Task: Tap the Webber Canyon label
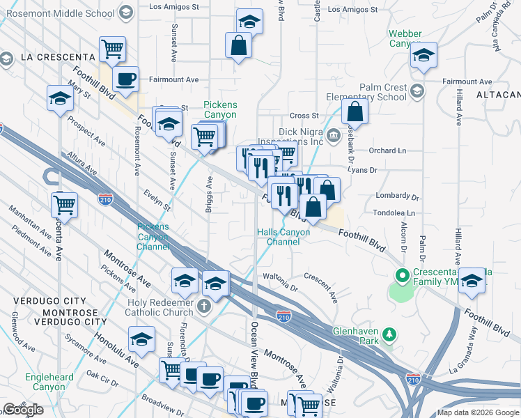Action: pyautogui.click(x=405, y=38)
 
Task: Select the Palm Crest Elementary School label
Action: pyautogui.click(x=373, y=92)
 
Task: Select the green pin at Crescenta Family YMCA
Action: pyautogui.click(x=401, y=276)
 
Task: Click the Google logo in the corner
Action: pyautogui.click(x=23, y=410)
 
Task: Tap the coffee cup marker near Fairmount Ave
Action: pyautogui.click(x=125, y=79)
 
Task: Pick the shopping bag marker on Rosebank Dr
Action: pyautogui.click(x=355, y=111)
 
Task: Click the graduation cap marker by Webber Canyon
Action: pyautogui.click(x=423, y=54)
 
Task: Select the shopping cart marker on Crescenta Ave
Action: pyautogui.click(x=64, y=204)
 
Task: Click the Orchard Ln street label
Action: pyautogui.click(x=387, y=150)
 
